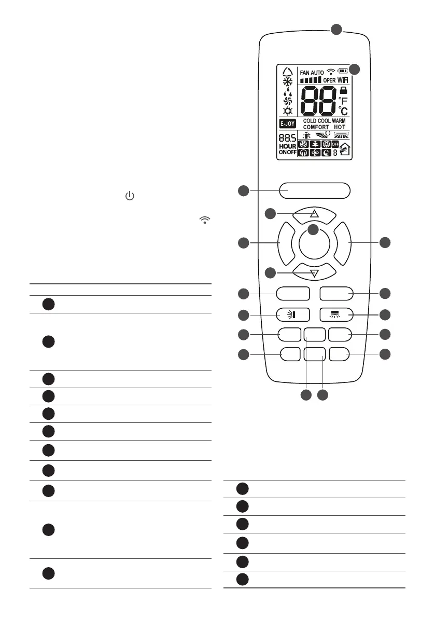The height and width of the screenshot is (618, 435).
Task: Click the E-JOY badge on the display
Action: pyautogui.click(x=287, y=123)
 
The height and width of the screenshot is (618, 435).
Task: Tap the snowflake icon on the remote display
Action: pyautogui.click(x=287, y=82)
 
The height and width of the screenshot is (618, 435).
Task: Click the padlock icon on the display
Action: pyautogui.click(x=343, y=90)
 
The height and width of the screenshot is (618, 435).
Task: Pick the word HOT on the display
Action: pyautogui.click(x=340, y=127)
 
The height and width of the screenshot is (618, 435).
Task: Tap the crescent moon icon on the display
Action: pyautogui.click(x=327, y=153)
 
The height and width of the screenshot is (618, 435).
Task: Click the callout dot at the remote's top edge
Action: pyautogui.click(x=336, y=29)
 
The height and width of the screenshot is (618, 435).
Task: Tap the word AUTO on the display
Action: pyautogui.click(x=318, y=73)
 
